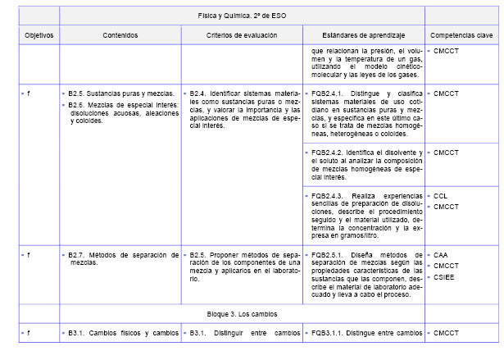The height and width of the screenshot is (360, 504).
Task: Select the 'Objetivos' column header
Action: (39, 36)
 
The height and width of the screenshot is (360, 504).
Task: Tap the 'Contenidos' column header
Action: (120, 36)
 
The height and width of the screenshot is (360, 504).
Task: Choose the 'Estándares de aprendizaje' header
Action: (363, 36)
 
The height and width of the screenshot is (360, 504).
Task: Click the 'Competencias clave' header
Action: (461, 36)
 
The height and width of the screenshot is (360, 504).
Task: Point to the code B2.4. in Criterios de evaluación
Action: (199, 93)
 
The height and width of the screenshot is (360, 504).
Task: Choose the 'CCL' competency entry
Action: (441, 196)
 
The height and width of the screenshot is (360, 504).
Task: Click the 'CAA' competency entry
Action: (441, 256)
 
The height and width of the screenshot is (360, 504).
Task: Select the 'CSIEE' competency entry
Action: (443, 276)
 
